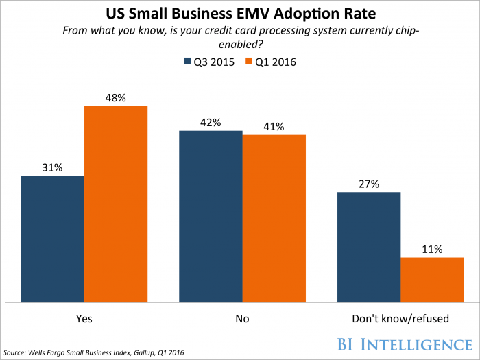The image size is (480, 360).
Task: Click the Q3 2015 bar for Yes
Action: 53,239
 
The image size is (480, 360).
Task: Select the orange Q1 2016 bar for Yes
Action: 116,204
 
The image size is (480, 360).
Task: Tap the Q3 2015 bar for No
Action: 211,216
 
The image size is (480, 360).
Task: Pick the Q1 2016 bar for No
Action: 274,218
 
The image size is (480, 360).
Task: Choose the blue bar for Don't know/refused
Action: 369,247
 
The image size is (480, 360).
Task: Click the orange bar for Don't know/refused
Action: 432,280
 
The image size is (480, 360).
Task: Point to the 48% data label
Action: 116,98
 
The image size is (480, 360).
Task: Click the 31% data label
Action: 53,167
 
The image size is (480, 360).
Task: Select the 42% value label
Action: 211,122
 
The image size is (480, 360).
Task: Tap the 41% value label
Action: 274,126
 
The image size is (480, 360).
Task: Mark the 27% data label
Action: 369,184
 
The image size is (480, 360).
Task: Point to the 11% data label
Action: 432,249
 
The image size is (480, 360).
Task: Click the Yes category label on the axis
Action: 84,319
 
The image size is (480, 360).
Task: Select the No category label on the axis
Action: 242,319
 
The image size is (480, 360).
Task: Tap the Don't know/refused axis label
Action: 400,319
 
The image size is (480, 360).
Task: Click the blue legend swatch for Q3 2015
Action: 188,62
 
